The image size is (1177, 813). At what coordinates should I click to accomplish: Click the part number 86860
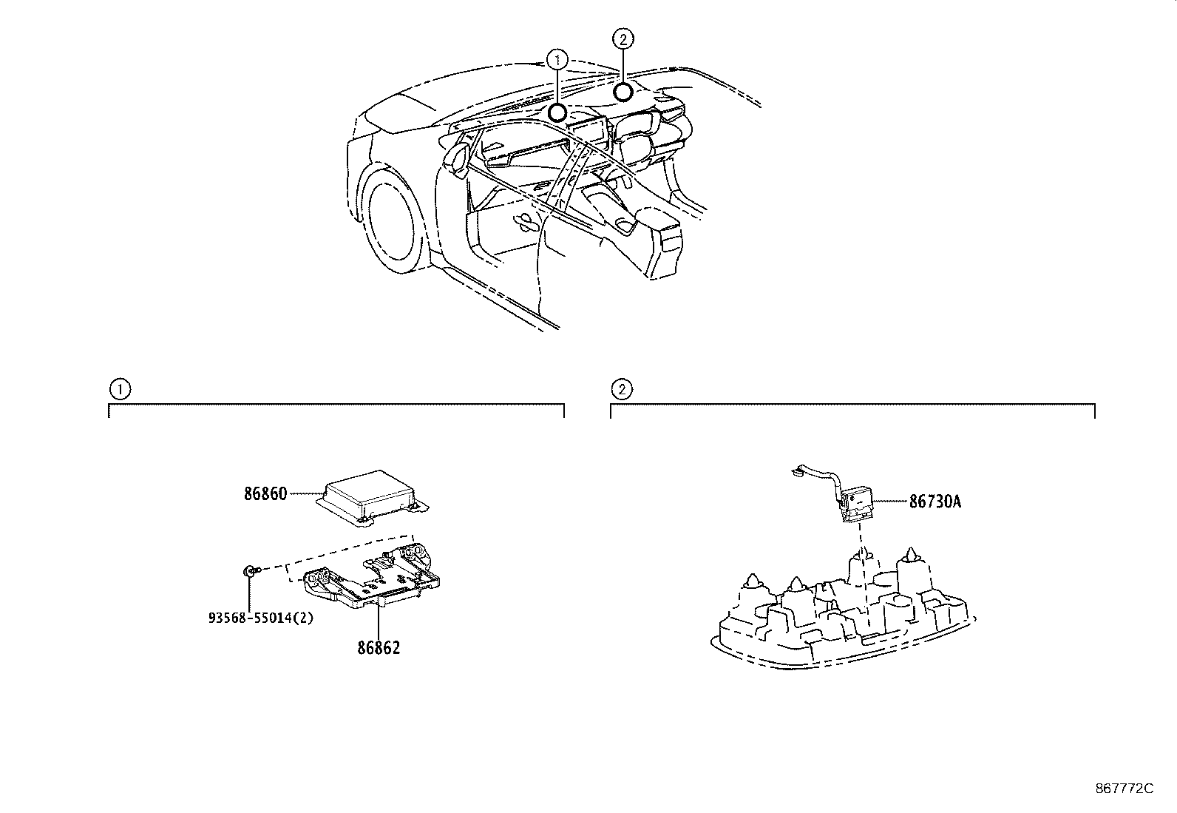[265, 493]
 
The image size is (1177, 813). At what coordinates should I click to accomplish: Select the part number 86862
[379, 648]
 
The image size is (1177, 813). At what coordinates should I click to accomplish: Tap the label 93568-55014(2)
[261, 617]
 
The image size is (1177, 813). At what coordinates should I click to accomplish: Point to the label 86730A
[935, 502]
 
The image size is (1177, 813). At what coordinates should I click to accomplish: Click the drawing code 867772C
[1124, 789]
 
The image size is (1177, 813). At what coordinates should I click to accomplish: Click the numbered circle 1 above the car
[557, 58]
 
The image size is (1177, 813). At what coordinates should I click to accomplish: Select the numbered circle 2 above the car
[623, 38]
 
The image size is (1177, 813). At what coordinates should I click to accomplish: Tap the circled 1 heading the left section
[118, 388]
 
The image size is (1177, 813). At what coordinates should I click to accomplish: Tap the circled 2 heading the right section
[621, 388]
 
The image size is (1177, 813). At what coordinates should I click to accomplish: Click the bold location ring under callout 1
[557, 112]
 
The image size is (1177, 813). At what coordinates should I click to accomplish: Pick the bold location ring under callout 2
[623, 92]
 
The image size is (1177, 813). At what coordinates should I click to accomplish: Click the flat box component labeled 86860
[373, 494]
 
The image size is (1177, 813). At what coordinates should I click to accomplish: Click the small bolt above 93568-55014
[250, 570]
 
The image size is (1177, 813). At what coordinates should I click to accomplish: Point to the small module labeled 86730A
[858, 504]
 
